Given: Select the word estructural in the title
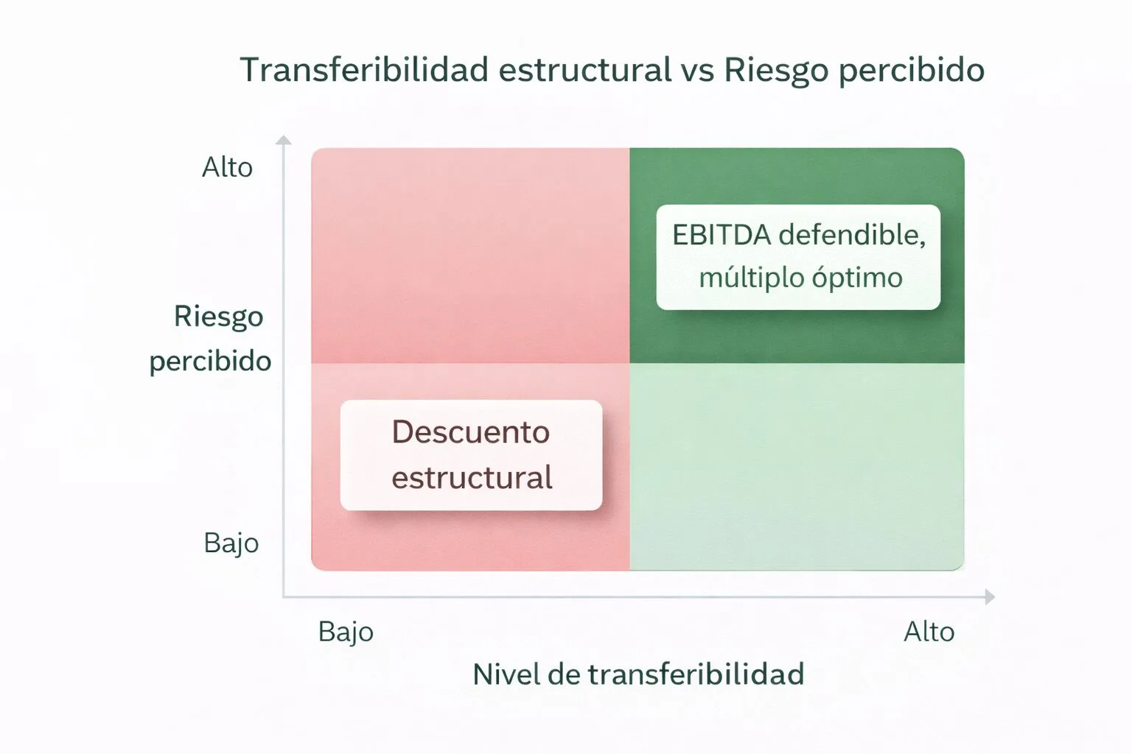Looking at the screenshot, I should coord(584,70).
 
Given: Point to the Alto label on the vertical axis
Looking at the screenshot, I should coord(227,168).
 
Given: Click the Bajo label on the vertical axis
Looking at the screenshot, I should coord(231,543).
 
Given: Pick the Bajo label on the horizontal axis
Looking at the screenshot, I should coord(346,632).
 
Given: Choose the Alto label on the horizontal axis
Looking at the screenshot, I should coord(929,632).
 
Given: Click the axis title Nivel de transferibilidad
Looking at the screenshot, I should coord(638,674).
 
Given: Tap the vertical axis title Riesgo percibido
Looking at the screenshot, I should coord(211,339).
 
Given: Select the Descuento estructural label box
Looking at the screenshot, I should coord(471,455).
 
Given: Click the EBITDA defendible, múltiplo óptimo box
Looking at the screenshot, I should coord(798,257).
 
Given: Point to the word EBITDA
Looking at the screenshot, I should coord(722,235).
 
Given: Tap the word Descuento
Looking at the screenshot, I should coord(471,432).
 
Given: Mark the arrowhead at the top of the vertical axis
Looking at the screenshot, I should coord(284,139).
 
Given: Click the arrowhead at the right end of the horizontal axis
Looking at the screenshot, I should coord(990,596).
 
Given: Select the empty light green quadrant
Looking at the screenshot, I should coord(797,467).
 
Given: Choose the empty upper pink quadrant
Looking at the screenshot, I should coord(470,255).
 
